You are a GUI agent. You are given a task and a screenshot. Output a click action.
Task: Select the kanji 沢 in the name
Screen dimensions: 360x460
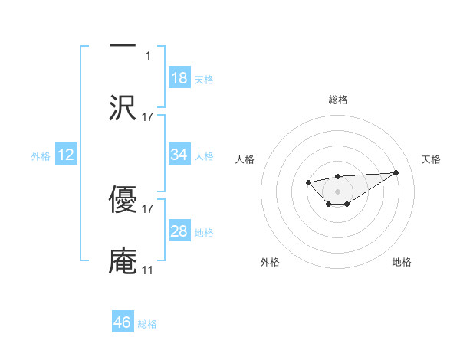click(x=123, y=107)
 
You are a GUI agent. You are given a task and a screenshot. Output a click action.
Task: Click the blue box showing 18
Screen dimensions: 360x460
click(x=179, y=78)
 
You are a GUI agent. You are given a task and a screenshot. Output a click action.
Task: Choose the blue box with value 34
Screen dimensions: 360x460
click(x=179, y=155)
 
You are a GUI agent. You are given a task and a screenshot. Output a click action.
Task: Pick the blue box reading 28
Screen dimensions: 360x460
click(x=179, y=231)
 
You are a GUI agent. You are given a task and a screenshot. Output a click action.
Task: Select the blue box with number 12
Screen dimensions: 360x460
click(x=66, y=155)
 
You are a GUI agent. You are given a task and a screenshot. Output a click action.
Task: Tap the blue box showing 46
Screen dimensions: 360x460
click(x=123, y=322)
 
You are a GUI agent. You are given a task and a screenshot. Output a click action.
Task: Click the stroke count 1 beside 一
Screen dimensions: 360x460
click(x=148, y=55)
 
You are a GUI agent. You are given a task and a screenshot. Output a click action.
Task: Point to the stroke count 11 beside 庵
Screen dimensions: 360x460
click(x=147, y=270)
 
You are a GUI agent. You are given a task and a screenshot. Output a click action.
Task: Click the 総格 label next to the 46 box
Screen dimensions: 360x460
click(x=147, y=324)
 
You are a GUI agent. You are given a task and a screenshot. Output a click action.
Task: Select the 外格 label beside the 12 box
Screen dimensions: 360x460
click(x=41, y=156)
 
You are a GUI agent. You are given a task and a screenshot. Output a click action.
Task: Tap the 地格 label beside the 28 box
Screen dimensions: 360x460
click(x=204, y=233)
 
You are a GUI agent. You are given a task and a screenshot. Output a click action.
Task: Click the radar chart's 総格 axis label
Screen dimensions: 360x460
click(x=337, y=100)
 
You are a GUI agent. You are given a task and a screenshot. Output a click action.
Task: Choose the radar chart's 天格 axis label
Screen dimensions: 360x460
click(x=431, y=159)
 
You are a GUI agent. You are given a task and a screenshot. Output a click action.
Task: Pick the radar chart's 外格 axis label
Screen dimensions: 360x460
click(x=270, y=262)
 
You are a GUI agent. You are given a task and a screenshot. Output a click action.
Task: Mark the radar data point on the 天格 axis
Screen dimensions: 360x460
click(x=396, y=172)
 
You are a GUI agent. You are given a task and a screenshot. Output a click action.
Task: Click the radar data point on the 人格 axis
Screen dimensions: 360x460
click(x=308, y=182)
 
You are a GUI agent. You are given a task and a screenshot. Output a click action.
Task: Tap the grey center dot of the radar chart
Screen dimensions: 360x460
click(x=337, y=190)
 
